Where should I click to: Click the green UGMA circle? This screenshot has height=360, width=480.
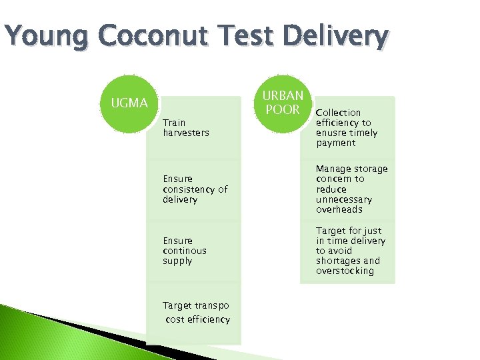click(130, 103)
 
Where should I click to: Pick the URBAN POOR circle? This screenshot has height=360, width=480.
click(283, 103)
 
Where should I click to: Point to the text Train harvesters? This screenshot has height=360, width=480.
click(185, 127)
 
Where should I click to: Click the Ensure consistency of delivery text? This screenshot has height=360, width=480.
click(195, 189)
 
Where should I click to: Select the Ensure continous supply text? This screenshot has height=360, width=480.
click(185, 251)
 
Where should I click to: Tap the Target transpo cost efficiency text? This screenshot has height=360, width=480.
click(196, 313)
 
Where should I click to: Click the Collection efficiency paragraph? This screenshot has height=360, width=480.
click(347, 128)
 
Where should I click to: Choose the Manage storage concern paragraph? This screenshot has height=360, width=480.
click(351, 189)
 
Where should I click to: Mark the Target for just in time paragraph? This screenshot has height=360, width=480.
click(351, 251)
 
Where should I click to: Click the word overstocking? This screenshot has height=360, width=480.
click(345, 271)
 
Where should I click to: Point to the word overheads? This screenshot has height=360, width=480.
click(339, 209)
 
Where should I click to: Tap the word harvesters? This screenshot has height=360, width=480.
click(186, 133)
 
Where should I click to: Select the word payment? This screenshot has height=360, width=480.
click(336, 143)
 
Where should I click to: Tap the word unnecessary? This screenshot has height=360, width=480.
click(344, 199)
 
